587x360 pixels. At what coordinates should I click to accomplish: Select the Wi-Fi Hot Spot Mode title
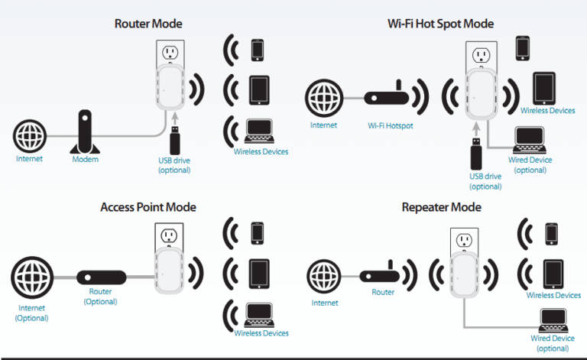pos(440,24)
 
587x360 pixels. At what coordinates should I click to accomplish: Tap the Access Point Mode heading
pos(148,207)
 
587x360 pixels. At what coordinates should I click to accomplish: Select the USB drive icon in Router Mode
pos(174,141)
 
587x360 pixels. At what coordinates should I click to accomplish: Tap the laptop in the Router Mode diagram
pos(258,131)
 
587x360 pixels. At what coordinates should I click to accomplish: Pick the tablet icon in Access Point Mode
pos(258,271)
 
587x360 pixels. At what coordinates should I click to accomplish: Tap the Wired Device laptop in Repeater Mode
pos(551,319)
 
